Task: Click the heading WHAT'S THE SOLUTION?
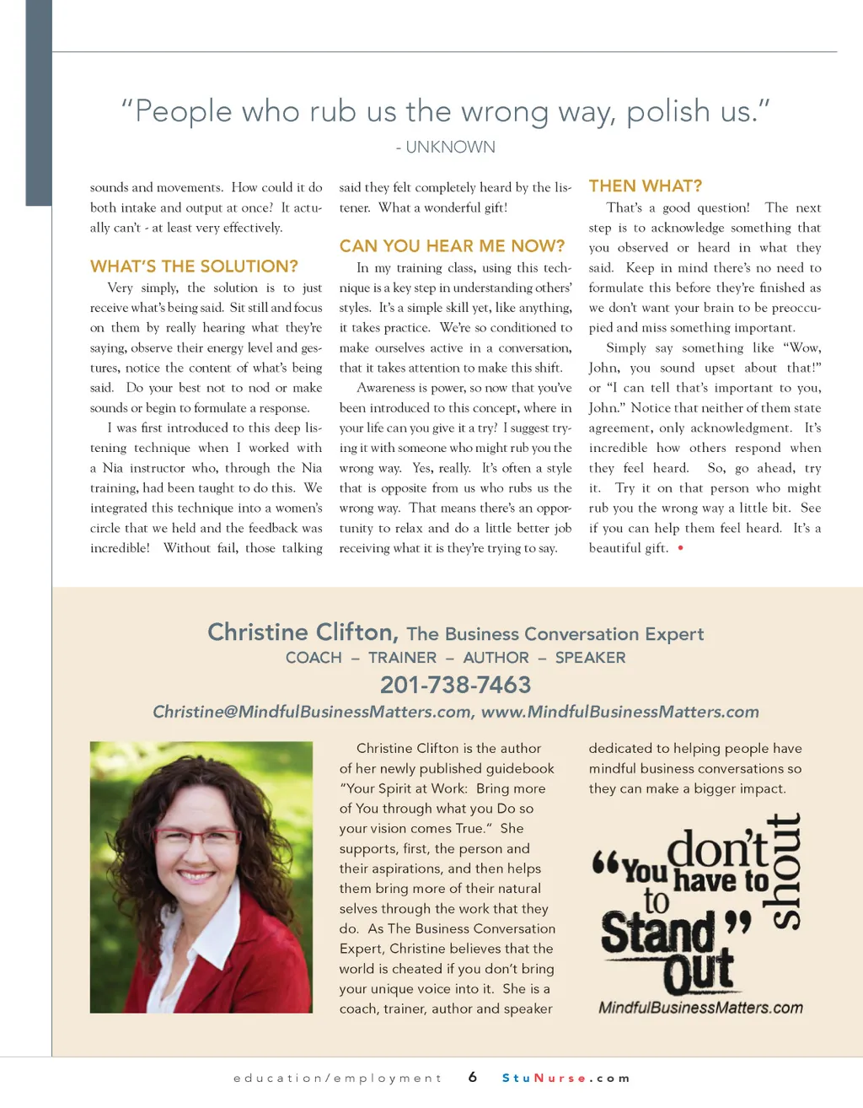click(x=194, y=266)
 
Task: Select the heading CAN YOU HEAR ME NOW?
click(x=452, y=246)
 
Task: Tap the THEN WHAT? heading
click(x=645, y=186)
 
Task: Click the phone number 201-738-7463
click(x=455, y=685)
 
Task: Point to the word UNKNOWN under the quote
click(x=451, y=147)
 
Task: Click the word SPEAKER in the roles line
click(x=590, y=658)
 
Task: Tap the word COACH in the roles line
click(x=314, y=658)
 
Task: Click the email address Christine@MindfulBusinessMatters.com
click(x=312, y=712)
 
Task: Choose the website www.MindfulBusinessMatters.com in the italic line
click(x=619, y=712)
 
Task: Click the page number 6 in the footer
click(x=473, y=1077)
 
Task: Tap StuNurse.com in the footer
click(x=566, y=1078)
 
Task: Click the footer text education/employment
click(x=337, y=1078)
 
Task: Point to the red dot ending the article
click(x=680, y=548)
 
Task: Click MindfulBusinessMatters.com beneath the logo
click(x=700, y=1008)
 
